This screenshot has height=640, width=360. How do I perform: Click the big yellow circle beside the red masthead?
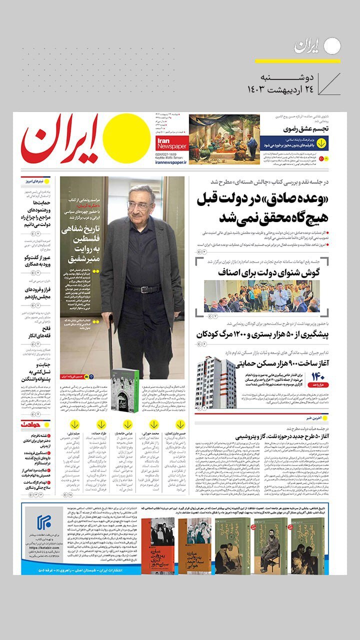[129, 135]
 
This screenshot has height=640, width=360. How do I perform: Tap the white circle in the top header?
[332, 46]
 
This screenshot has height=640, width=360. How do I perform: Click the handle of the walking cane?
[110, 319]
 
